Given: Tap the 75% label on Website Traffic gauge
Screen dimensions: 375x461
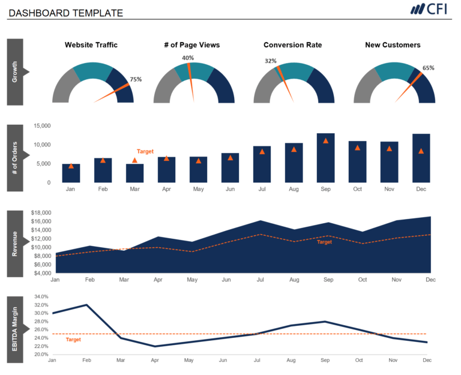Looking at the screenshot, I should point(136,79).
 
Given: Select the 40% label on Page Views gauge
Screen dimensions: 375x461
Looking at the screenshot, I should point(188,58).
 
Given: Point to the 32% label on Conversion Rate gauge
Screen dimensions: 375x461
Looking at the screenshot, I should point(271,61).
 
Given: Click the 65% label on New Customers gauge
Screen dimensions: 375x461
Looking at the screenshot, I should point(428,68).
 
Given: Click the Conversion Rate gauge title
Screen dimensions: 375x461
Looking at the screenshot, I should point(292,45).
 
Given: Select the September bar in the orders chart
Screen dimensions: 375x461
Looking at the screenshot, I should point(325,158).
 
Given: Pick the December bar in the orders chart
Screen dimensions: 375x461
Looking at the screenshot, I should point(421,158).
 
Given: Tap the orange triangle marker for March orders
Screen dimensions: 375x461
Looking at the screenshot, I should point(134,160).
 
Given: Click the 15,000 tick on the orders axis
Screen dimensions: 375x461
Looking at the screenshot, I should point(43,126).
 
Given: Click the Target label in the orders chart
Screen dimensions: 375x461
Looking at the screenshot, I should point(145,152).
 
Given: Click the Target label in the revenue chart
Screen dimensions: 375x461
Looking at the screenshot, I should point(324,242).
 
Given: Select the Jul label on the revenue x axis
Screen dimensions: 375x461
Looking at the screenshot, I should point(260,280).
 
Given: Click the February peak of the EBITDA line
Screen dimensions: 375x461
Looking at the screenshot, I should point(86,305).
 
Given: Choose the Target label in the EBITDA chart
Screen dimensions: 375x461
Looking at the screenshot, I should point(73,340).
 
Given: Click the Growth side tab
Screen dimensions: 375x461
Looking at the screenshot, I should point(15,72).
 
